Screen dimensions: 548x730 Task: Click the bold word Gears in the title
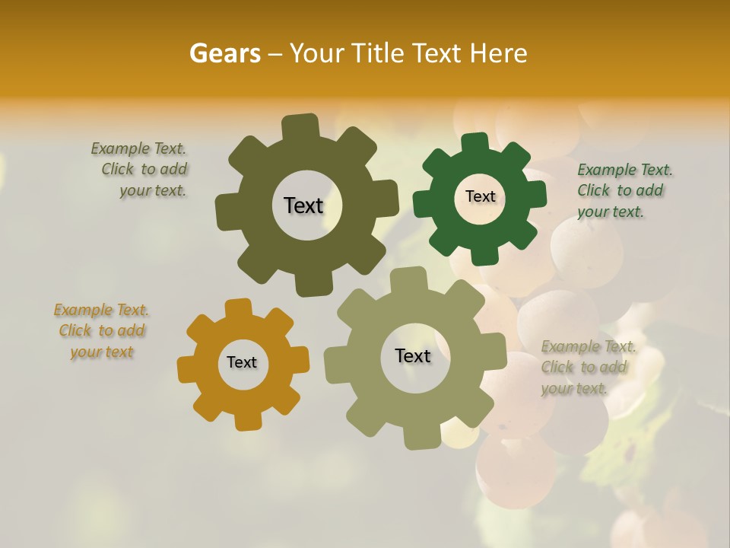point(224,53)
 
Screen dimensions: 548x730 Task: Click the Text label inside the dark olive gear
point(303,205)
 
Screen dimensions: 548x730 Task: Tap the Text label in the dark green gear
point(480,196)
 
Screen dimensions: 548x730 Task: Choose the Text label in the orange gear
point(242,362)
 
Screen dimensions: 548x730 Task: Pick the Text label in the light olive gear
point(413,355)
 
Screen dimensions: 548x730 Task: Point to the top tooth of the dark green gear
point(475,143)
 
